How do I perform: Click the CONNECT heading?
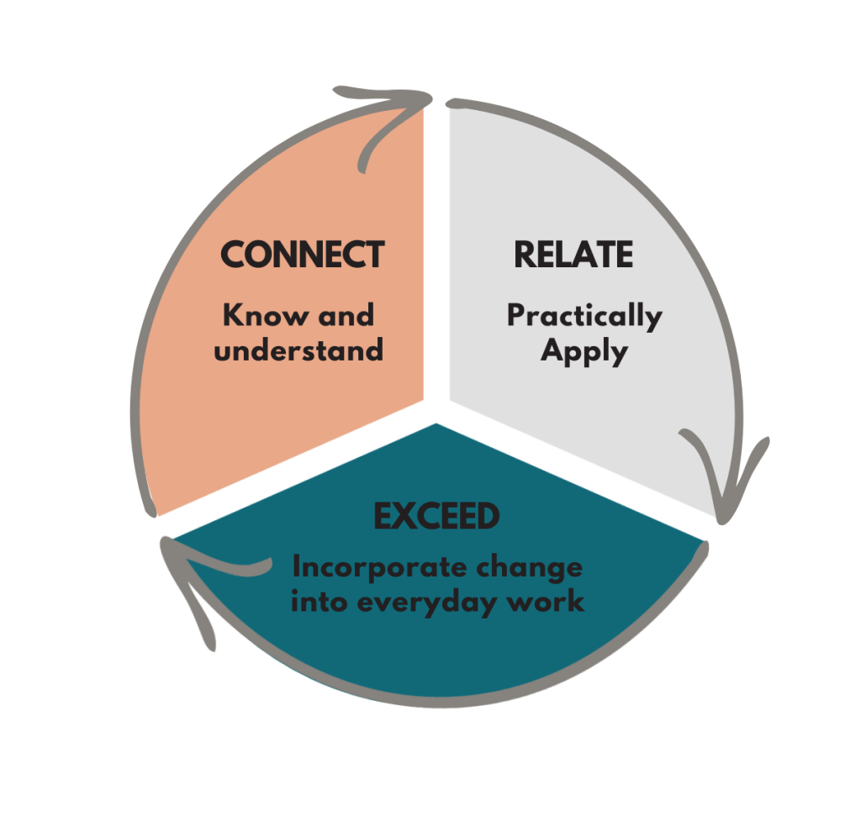(x=302, y=255)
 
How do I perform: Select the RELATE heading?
(x=573, y=255)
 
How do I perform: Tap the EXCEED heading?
(x=436, y=518)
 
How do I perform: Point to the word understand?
(x=298, y=350)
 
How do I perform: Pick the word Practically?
(x=584, y=317)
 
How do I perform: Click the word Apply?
(x=584, y=350)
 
